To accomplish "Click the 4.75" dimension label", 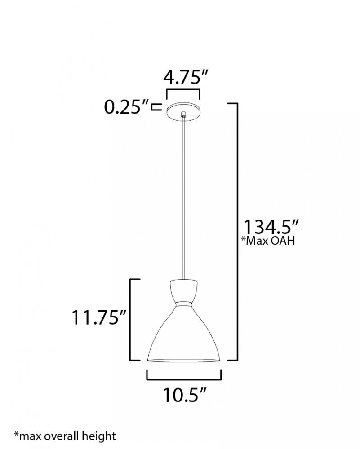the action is point(185,77).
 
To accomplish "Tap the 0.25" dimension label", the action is point(126,107).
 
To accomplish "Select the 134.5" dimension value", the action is point(271,227).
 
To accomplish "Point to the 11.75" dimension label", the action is point(98,317).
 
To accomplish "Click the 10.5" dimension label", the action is point(185,395).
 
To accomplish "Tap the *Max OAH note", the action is point(268,241).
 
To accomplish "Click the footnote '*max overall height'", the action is point(65,436).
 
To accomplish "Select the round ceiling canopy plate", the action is point(183,110).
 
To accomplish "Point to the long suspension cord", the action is point(183,198).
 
